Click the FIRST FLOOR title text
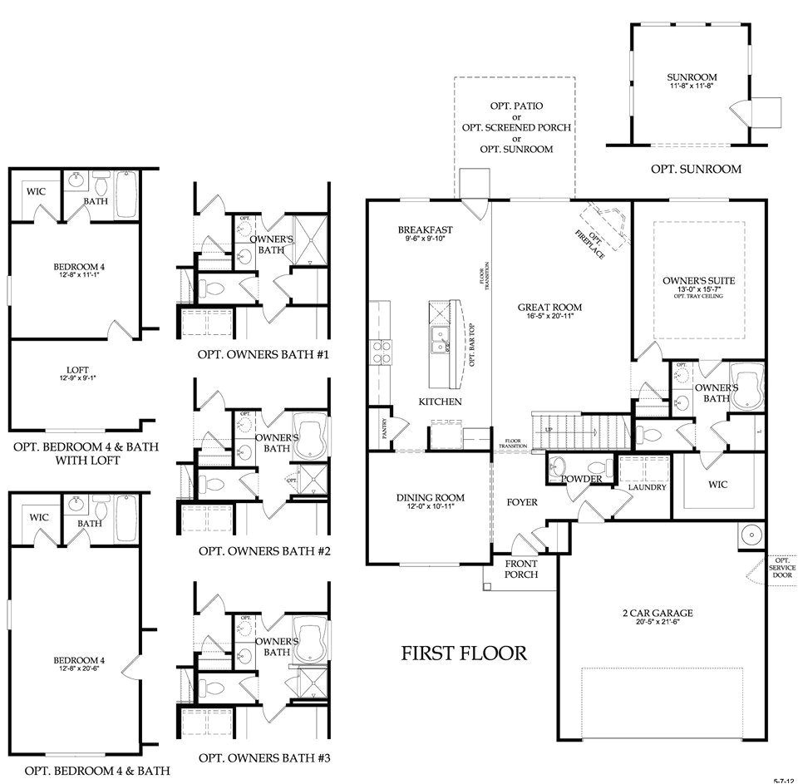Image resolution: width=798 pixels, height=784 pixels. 464,653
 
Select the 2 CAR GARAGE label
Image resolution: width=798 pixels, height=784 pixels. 658,614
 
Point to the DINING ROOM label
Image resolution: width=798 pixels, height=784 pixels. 430,498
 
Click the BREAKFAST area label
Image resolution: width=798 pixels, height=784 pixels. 425,230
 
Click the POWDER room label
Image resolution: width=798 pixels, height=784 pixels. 581,480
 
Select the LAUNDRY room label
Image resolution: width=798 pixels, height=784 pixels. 647,487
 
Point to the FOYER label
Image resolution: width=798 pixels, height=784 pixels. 523,502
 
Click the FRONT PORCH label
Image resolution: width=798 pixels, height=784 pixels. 521,569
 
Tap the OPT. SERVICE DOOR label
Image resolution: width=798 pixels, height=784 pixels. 781,569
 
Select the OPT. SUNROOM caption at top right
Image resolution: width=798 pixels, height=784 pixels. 696,169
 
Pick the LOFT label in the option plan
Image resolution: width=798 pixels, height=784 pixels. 77,371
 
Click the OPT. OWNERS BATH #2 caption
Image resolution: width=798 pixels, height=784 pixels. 265,551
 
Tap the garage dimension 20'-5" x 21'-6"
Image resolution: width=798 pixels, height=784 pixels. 658,624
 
